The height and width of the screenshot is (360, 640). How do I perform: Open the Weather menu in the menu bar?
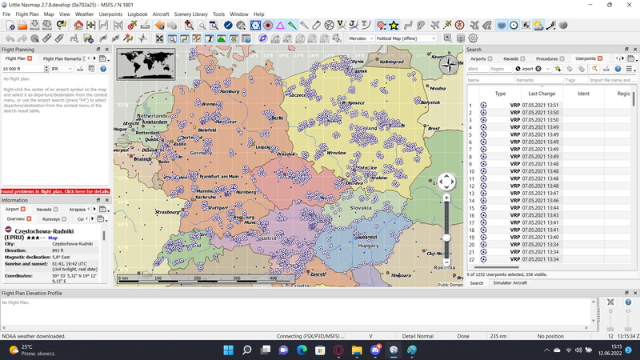tap(84, 14)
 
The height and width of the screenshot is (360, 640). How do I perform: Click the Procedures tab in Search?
tap(547, 58)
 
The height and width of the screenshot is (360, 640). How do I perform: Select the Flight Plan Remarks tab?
tap(62, 58)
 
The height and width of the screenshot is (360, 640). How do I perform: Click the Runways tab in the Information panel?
tap(50, 218)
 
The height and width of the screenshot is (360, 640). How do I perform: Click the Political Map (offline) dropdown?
tap(406, 38)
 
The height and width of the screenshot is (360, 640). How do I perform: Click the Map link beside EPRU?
tap(53, 238)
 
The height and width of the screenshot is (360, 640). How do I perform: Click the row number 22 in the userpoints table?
tap(471, 258)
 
